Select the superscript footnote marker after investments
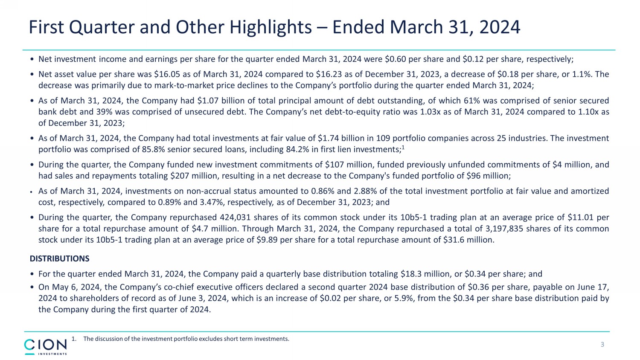click(403, 147)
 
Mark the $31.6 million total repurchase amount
click(468, 240)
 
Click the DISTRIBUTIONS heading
click(59, 258)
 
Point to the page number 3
click(602, 345)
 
